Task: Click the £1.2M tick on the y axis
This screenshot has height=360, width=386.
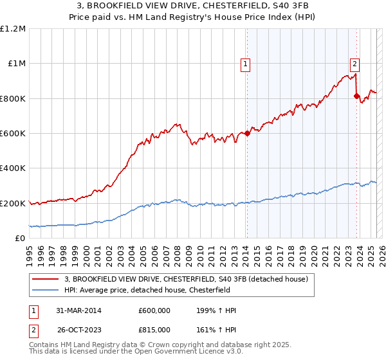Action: coord(13,29)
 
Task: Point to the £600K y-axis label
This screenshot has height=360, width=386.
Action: coord(13,134)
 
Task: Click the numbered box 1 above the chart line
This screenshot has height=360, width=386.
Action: coord(246,64)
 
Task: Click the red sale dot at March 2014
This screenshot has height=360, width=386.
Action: coord(248,134)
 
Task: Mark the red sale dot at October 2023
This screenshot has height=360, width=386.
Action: coord(357,96)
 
